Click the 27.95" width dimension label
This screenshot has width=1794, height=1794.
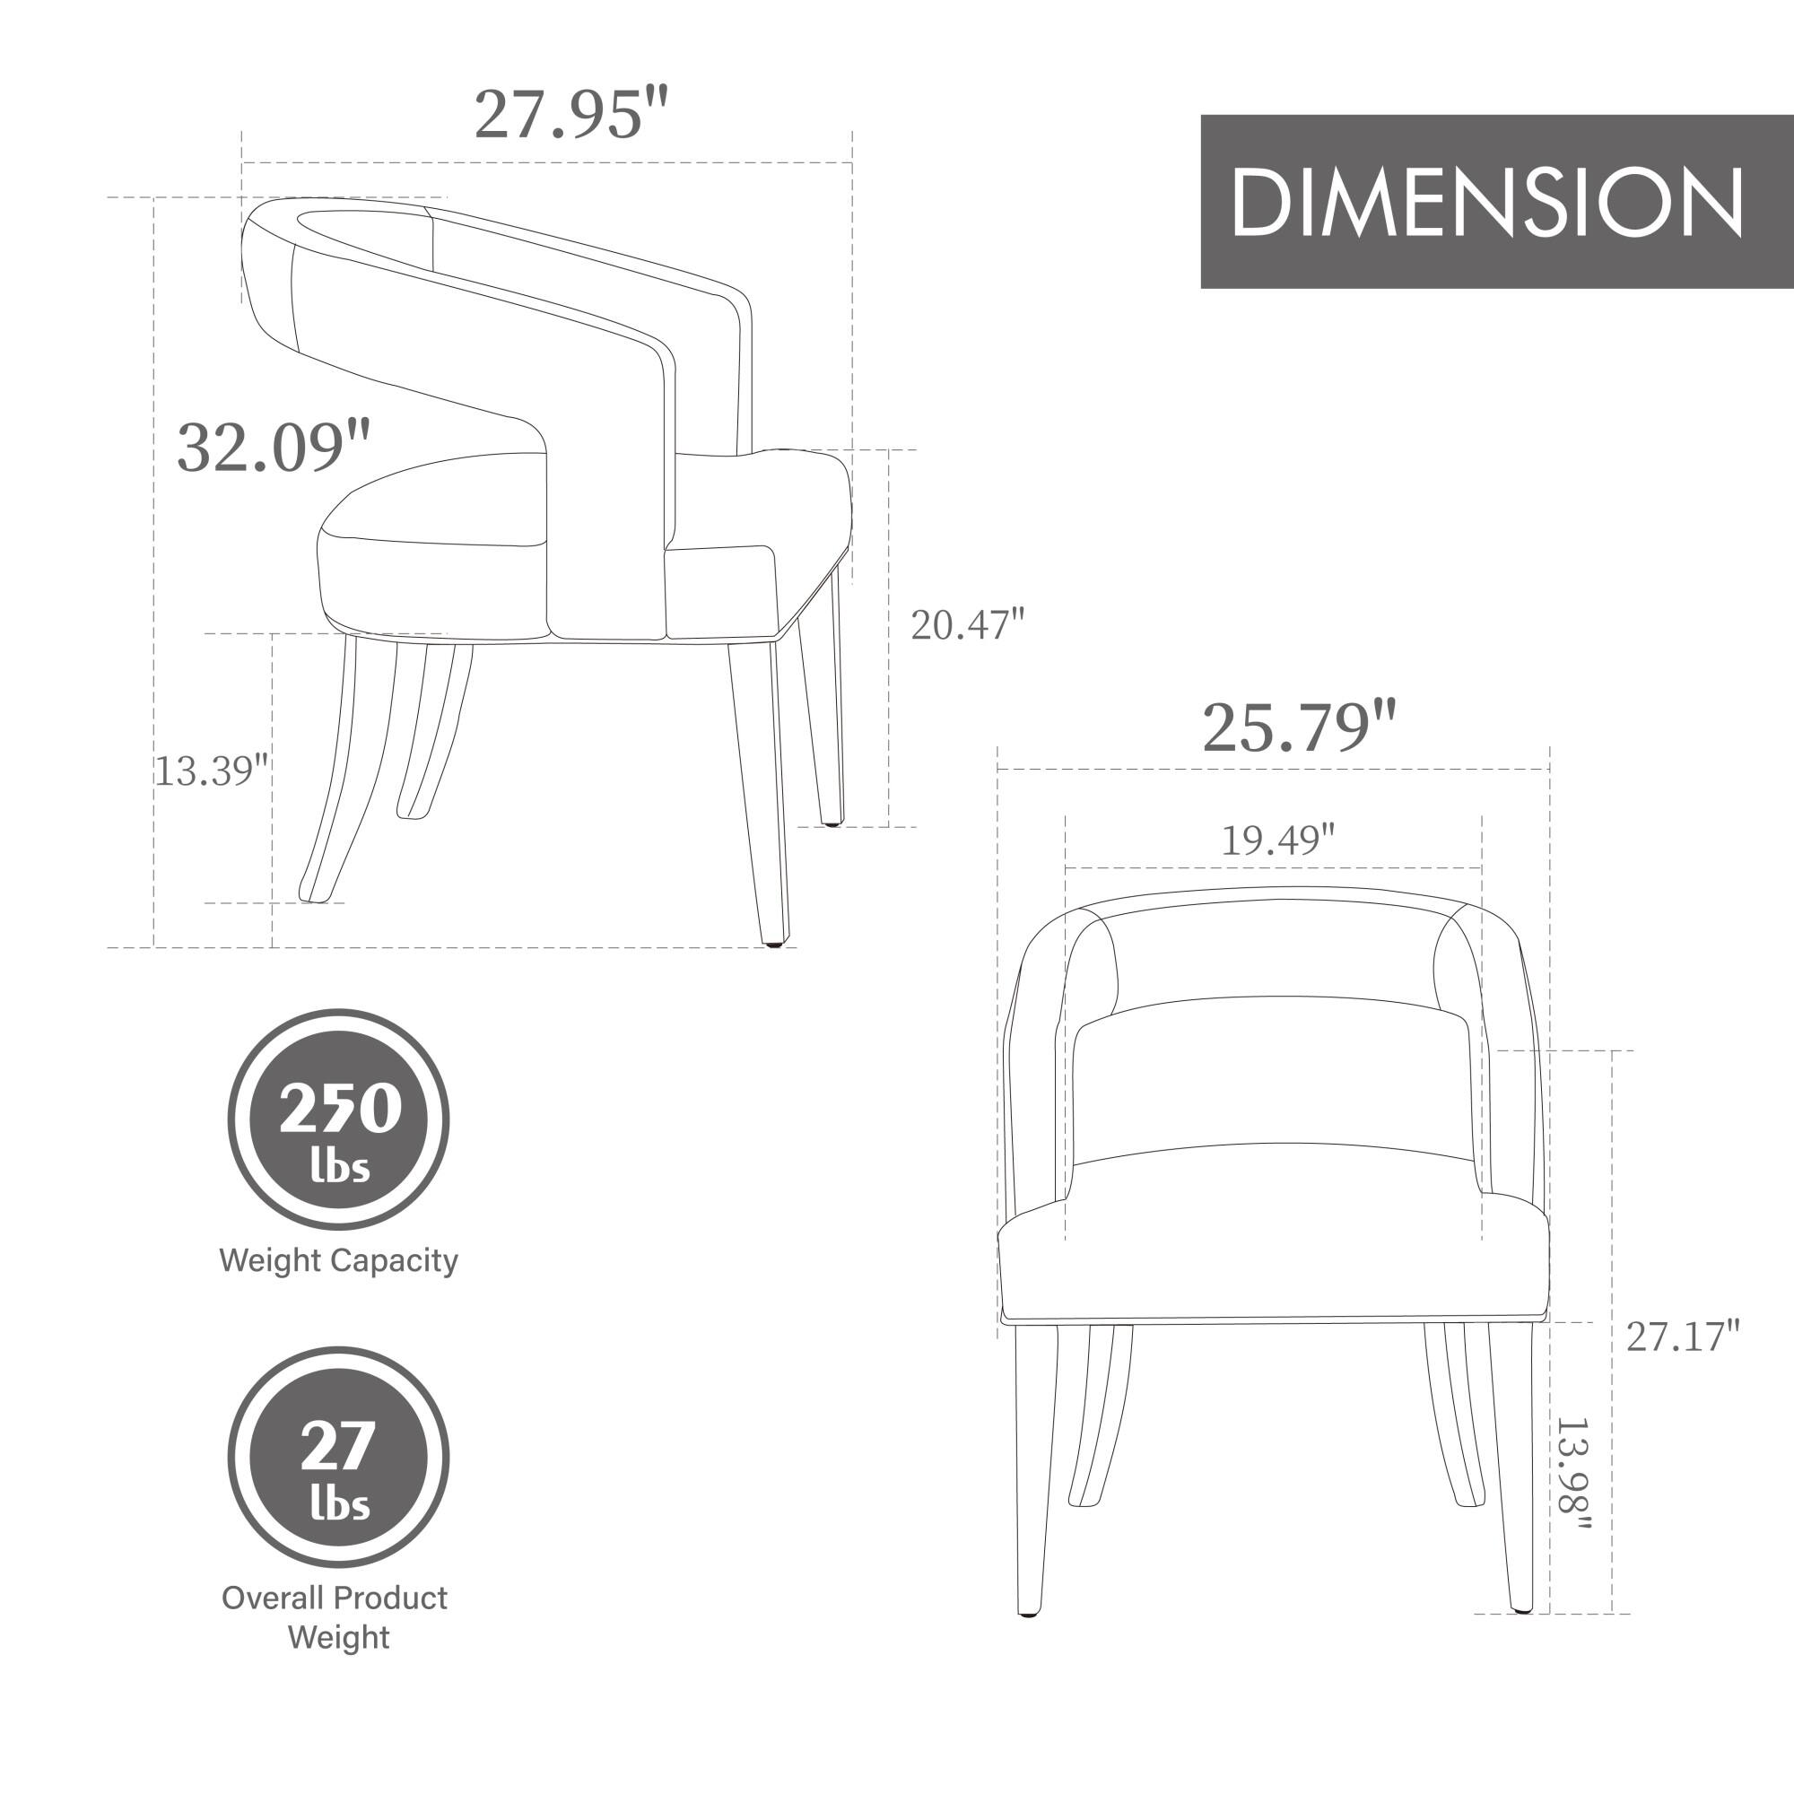point(570,115)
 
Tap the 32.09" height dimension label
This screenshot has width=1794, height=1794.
point(273,447)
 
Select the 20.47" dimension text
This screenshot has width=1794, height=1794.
point(967,625)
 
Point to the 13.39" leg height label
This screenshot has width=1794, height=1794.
point(211,771)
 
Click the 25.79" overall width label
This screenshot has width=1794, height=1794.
point(1298,728)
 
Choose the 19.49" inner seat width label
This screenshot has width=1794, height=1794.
point(1276,840)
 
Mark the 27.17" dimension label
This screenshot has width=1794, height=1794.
point(1682,1337)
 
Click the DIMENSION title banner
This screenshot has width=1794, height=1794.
point(1496,202)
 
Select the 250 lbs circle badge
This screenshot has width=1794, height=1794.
point(339,1119)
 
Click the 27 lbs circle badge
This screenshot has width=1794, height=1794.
point(339,1457)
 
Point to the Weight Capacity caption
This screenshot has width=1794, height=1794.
point(339,1260)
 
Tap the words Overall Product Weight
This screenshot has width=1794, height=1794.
point(335,1616)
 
